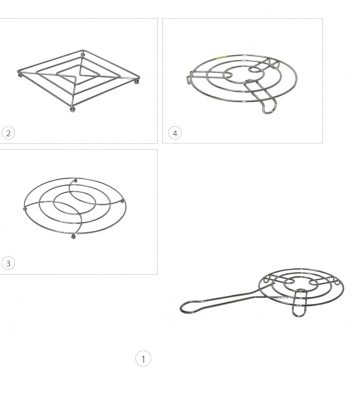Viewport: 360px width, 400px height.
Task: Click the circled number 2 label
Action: tap(8, 133)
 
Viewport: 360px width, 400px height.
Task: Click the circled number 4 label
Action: tap(175, 133)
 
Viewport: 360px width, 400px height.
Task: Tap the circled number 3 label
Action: tap(8, 263)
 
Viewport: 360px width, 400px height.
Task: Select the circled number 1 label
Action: tap(143, 359)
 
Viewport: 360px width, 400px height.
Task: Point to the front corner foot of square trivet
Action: tap(73, 109)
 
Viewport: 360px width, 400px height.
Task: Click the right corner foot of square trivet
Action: tap(137, 80)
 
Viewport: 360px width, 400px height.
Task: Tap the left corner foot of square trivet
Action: tap(20, 75)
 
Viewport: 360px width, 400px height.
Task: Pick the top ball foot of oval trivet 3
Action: tap(76, 181)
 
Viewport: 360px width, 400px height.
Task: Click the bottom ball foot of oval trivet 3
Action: tap(73, 236)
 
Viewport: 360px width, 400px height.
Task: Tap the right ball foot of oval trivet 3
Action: tap(123, 201)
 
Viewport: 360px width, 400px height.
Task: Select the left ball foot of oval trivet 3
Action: tap(25, 209)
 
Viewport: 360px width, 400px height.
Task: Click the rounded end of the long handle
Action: tap(187, 307)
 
